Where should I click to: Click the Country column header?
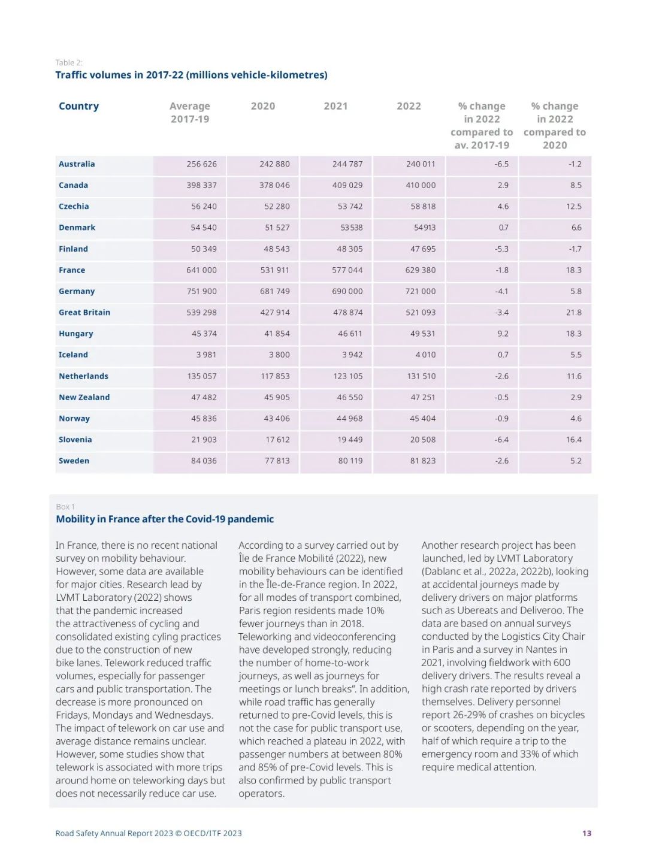(78, 106)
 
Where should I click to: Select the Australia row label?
(77, 164)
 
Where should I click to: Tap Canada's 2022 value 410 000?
(421, 185)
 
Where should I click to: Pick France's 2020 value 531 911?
(274, 270)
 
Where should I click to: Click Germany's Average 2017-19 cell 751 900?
(201, 291)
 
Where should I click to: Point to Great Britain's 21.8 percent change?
(573, 313)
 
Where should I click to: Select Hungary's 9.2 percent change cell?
(503, 334)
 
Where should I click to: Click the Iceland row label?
(73, 355)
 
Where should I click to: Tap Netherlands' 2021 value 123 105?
(347, 376)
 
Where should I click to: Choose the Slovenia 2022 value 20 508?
(422, 440)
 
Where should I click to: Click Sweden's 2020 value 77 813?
(277, 461)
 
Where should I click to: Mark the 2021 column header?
(335, 106)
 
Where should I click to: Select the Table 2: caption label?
(69, 62)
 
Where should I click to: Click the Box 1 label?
(65, 507)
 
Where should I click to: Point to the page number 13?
(586, 833)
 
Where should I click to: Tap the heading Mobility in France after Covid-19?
(165, 519)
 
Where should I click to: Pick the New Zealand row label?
(84, 397)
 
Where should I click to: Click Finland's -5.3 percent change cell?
(501, 249)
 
